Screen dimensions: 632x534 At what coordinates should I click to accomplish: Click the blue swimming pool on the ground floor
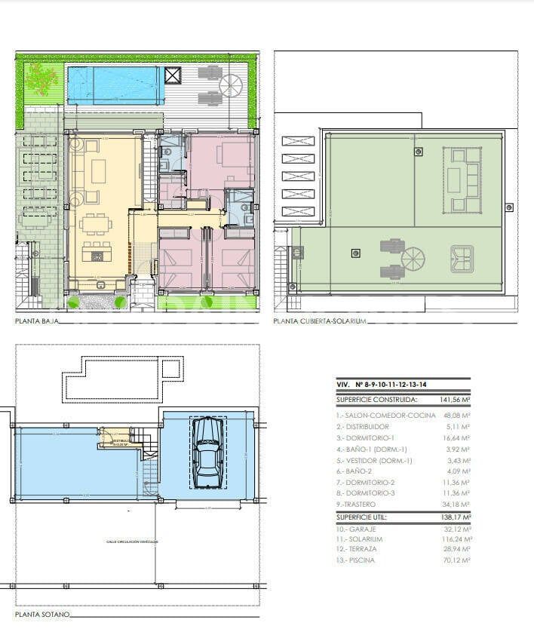pos(115,84)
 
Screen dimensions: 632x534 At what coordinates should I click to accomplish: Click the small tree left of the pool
pos(42,76)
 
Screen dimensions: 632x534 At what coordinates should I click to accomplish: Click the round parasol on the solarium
pos(413,260)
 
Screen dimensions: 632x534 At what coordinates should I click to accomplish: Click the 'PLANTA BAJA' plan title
pos(36,321)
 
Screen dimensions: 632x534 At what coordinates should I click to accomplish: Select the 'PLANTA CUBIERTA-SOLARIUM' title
pos(319,321)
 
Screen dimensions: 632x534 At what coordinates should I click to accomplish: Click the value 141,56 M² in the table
pos(455,400)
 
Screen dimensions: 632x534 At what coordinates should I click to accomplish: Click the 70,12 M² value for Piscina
pos(456,560)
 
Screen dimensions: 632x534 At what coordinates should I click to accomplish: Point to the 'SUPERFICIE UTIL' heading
pos(366,517)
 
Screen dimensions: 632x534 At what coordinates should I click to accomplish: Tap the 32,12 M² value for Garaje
pos(456,529)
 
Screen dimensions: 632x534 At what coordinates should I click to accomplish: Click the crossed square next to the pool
pos(173,75)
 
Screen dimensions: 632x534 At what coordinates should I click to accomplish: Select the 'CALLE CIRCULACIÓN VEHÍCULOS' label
pos(133,541)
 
